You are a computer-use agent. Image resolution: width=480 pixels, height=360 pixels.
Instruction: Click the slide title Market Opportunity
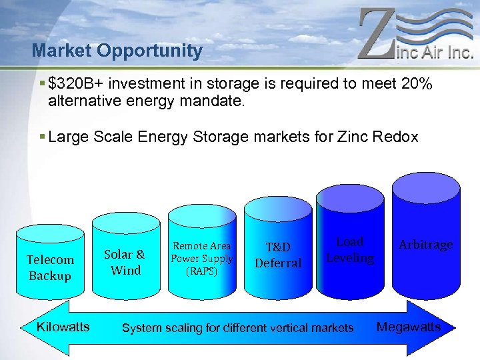coord(117,51)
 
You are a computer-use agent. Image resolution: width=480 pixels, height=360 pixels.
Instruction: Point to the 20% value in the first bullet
coord(418,84)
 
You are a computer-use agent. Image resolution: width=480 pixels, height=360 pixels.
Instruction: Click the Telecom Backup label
coord(50,267)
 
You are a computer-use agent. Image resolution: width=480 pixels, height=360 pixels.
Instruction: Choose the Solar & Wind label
coord(125,262)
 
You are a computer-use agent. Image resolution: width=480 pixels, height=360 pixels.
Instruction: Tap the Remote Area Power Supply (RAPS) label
coord(201,259)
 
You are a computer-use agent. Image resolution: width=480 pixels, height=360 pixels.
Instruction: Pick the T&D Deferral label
coord(278,255)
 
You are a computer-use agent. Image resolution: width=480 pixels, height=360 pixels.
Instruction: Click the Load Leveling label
coord(350,250)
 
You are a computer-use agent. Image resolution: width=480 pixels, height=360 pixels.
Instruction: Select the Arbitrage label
coord(425,245)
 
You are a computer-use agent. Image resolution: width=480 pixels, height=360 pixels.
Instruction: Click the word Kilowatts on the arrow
coord(63,327)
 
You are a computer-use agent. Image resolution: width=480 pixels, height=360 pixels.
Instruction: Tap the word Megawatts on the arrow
coord(408,327)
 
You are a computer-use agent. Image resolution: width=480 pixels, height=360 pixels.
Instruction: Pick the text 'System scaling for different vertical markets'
coord(237,327)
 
